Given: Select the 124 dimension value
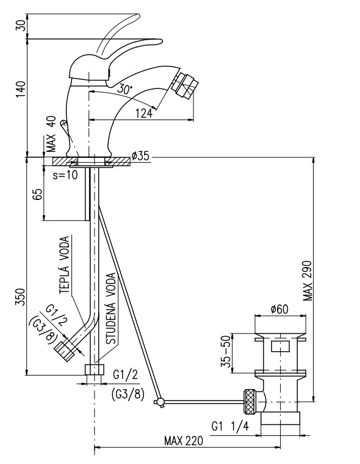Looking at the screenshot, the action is (x=143, y=113).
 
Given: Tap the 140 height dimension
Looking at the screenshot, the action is (x=21, y=90).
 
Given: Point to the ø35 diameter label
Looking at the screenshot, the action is (x=140, y=155).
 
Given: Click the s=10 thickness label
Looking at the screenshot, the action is (x=65, y=175).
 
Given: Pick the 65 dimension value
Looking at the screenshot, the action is (x=38, y=195).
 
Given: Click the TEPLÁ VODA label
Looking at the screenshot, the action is (x=65, y=265).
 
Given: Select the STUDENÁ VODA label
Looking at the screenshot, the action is (x=112, y=309).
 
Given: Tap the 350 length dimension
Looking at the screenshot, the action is (x=21, y=299).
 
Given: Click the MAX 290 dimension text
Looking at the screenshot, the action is (x=308, y=280).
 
